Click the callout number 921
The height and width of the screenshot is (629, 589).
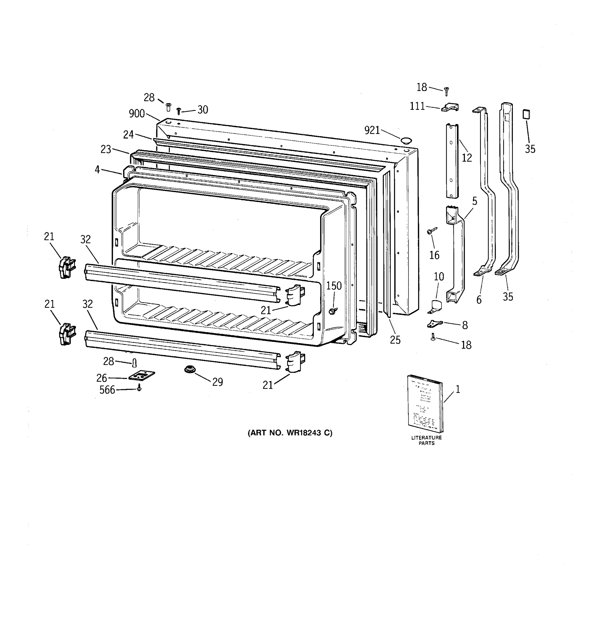[372, 130]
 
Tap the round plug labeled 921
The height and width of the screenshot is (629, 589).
[406, 140]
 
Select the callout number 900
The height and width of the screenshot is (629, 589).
[136, 113]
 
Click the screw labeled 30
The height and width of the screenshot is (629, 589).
[179, 111]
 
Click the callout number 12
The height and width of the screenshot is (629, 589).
[467, 158]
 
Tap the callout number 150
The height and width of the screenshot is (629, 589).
[334, 286]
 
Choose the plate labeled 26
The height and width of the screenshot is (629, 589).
[142, 375]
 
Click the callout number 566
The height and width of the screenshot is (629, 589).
[107, 390]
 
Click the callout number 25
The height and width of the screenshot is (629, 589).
[395, 340]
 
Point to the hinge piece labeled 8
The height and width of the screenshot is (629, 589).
[435, 324]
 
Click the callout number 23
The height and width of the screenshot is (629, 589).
[106, 149]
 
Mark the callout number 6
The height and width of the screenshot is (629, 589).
[479, 300]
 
